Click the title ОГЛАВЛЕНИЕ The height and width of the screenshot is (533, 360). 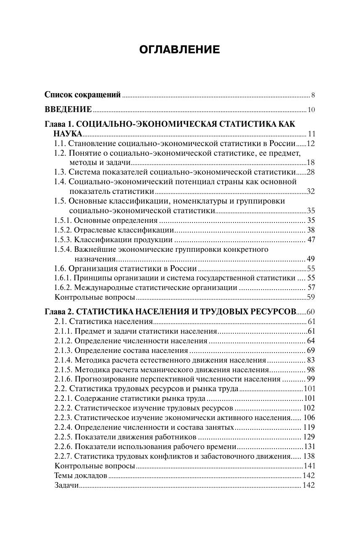point(179,50)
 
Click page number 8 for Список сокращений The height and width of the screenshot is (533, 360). point(313,95)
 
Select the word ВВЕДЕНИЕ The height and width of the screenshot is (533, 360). point(68,110)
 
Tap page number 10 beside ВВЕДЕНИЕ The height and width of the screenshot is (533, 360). point(311,110)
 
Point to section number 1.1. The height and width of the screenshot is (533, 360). point(60,144)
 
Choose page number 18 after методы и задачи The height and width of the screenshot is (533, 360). point(311,162)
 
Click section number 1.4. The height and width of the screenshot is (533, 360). point(60,182)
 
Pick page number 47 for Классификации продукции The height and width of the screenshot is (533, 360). point(311,240)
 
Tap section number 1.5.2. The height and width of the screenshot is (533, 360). point(63,230)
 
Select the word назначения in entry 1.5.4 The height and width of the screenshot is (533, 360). point(89,259)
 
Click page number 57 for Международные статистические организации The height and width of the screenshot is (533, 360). point(311,287)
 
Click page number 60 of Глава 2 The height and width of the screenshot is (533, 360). point(311,312)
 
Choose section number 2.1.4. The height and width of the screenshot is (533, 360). point(63,360)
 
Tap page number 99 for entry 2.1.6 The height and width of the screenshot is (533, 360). point(311,379)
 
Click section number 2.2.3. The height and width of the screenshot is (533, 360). point(63,418)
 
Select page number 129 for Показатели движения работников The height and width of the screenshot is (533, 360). point(309,437)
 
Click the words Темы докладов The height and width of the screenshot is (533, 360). point(81,476)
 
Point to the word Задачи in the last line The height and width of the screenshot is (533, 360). point(66,485)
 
